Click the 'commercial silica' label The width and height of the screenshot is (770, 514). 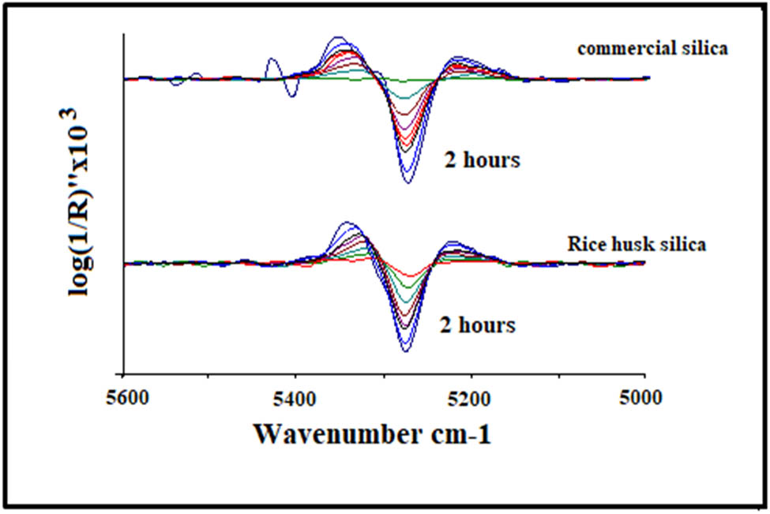click(x=652, y=49)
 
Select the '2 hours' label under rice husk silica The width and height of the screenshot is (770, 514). click(x=479, y=325)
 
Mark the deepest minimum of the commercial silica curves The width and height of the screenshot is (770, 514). click(x=408, y=182)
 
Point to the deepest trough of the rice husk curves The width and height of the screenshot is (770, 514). click(x=404, y=351)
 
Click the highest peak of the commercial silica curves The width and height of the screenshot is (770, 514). click(x=339, y=38)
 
